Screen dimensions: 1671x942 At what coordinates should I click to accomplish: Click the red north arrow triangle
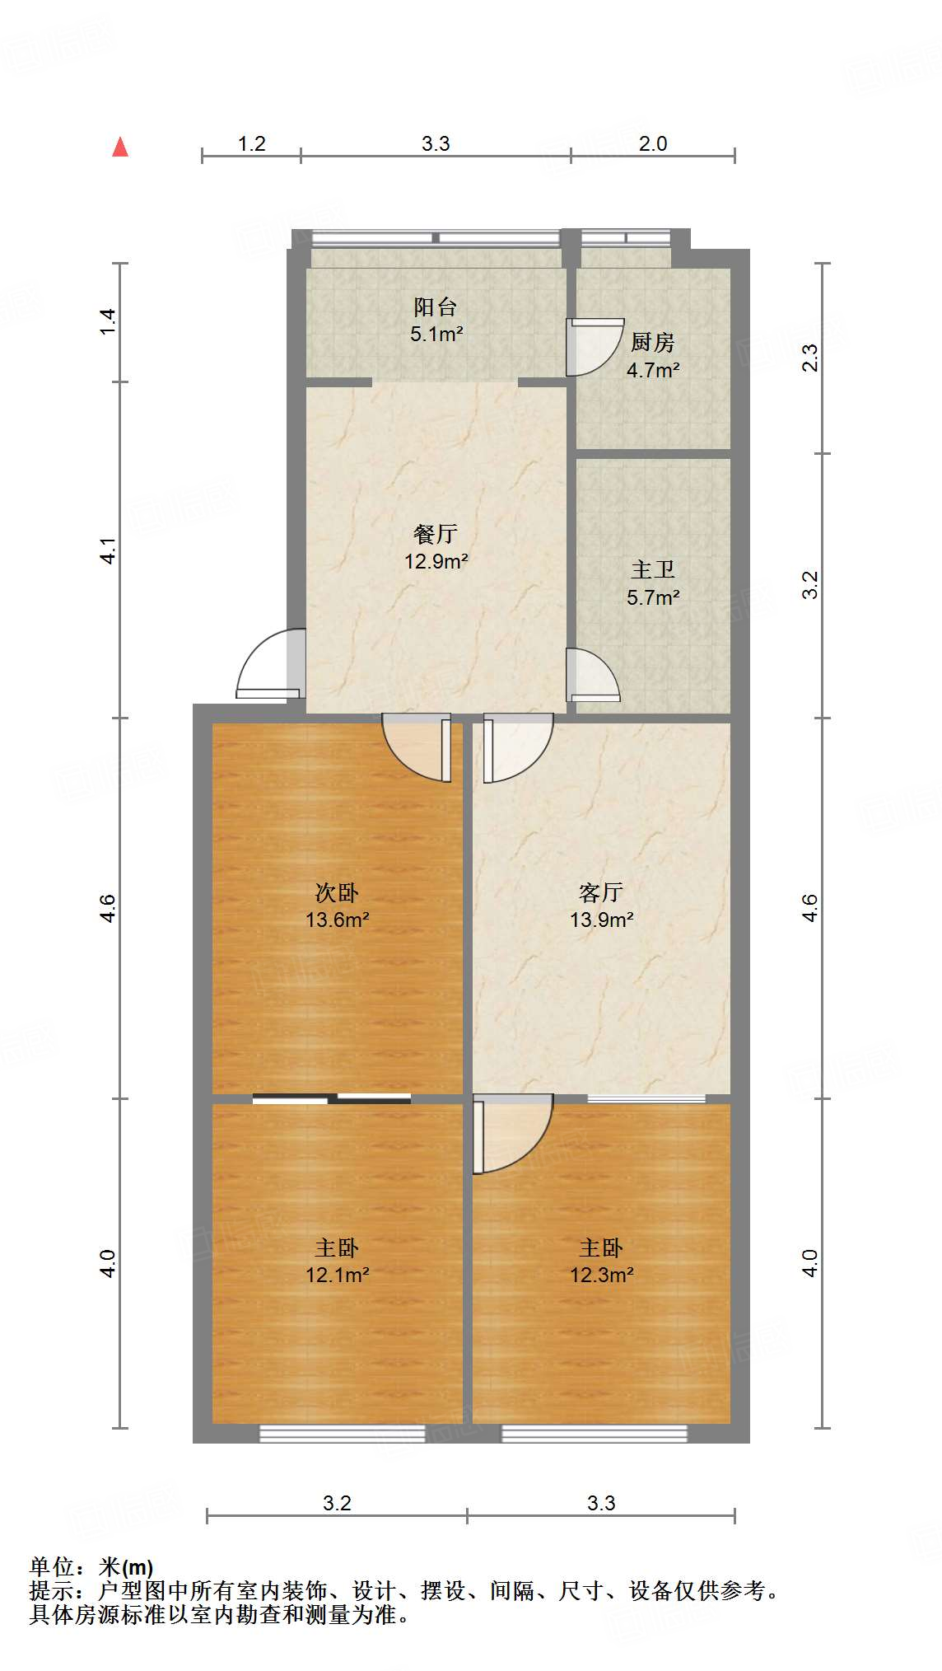point(120,147)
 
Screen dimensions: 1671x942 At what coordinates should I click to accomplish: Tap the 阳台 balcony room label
point(436,308)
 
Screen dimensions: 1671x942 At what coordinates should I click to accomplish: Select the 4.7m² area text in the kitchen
point(653,371)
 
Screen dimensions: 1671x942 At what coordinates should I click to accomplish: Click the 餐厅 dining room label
point(436,535)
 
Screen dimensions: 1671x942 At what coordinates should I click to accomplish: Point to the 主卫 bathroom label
point(653,570)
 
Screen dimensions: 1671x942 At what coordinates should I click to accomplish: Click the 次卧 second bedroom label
point(337,893)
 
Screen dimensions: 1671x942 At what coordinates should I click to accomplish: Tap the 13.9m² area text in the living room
point(602,920)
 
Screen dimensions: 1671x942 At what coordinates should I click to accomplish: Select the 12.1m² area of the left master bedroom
point(337,1275)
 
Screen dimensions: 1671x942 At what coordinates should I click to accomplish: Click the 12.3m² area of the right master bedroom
point(602,1275)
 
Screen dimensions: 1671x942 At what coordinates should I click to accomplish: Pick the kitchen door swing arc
point(595,346)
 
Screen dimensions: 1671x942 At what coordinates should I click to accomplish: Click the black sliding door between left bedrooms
point(332,1098)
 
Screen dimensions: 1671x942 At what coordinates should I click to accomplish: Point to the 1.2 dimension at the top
point(251,144)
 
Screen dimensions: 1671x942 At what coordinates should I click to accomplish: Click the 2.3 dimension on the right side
point(810,358)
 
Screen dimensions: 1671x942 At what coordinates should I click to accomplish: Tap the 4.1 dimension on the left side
point(108,550)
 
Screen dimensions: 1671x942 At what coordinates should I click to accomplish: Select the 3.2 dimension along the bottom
point(337,1504)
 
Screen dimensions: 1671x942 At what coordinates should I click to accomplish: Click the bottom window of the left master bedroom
point(342,1435)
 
